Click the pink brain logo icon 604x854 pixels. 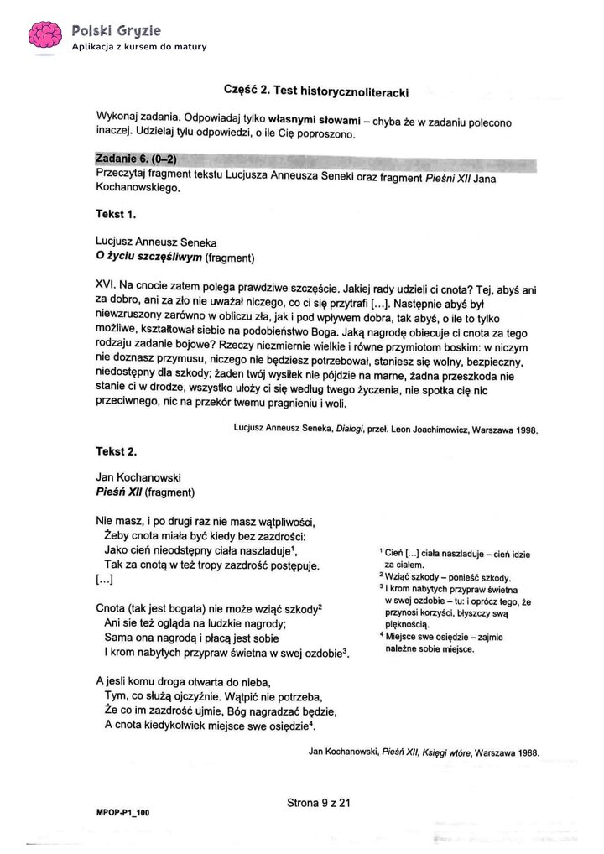point(44,34)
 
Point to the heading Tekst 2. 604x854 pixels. point(116,451)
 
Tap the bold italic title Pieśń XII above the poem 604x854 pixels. point(120,492)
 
